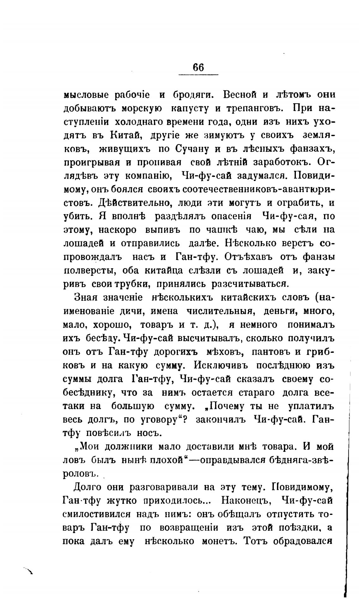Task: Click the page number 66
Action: pos(198,67)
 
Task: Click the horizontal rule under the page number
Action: pos(198,75)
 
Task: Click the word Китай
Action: pos(124,135)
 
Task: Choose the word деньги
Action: pos(279,311)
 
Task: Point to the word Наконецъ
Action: pos(245,500)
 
